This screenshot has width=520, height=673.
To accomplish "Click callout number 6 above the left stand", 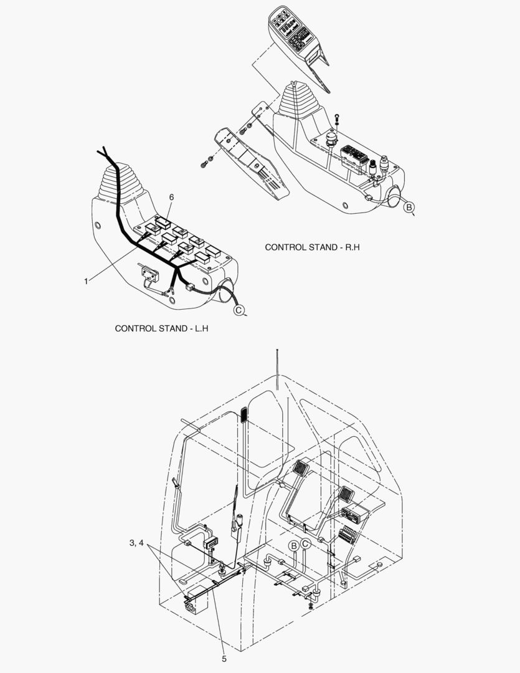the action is tap(172, 197).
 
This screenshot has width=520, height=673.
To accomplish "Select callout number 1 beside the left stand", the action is tap(86, 281).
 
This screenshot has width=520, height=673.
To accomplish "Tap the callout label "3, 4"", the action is tap(136, 543).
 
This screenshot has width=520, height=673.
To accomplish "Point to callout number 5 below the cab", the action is tap(224, 659).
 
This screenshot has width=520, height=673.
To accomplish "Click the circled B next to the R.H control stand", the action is tap(409, 208).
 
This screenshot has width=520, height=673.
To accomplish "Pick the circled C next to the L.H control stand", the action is tap(239, 310).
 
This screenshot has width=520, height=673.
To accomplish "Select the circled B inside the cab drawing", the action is tap(294, 546).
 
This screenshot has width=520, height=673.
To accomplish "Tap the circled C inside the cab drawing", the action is tap(305, 544).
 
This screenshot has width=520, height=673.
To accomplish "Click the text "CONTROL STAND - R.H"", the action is tap(312, 247).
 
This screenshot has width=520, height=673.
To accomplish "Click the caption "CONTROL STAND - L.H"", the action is tap(161, 328).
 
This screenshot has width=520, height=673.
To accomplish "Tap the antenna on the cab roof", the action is tap(278, 370).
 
